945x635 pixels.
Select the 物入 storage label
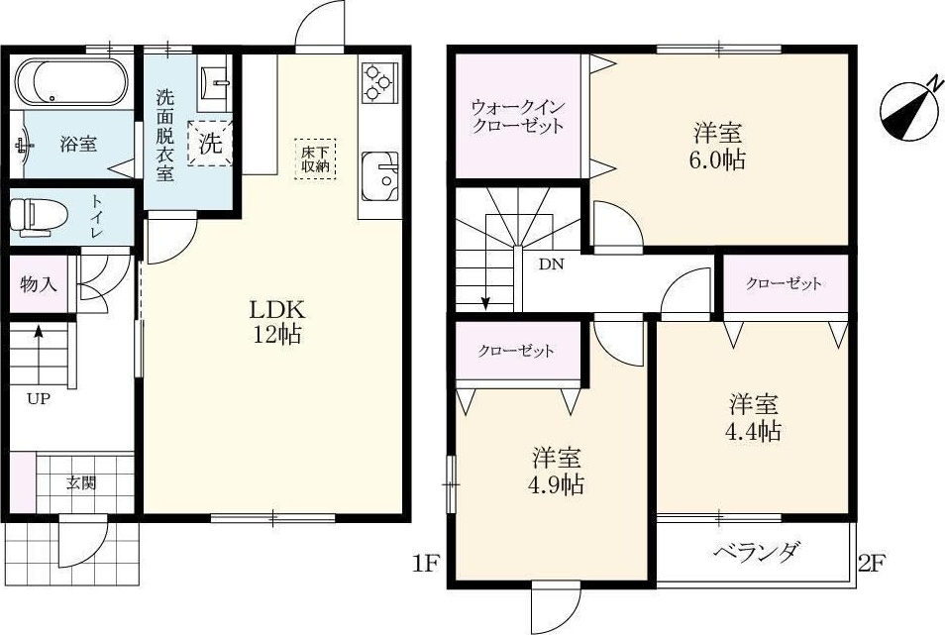tap(38, 284)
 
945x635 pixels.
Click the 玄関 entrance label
tap(82, 484)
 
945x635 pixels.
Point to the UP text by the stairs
tap(39, 400)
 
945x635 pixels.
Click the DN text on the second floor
tap(552, 265)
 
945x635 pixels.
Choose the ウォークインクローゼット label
tap(517, 116)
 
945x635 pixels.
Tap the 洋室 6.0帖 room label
tap(718, 147)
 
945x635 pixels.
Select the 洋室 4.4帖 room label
tap(755, 417)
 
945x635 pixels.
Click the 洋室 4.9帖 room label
tap(557, 472)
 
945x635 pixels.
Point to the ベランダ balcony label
tap(756, 553)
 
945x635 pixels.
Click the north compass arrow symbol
tap(910, 108)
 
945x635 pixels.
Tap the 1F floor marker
tap(425, 565)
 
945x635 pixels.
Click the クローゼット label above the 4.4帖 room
tap(784, 284)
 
